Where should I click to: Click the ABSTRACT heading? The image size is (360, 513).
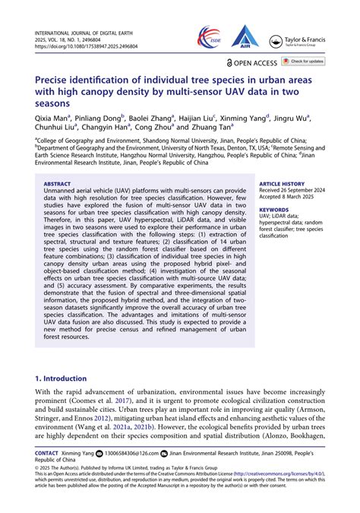pos(57,184)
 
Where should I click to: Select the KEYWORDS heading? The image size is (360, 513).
pos(273,209)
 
